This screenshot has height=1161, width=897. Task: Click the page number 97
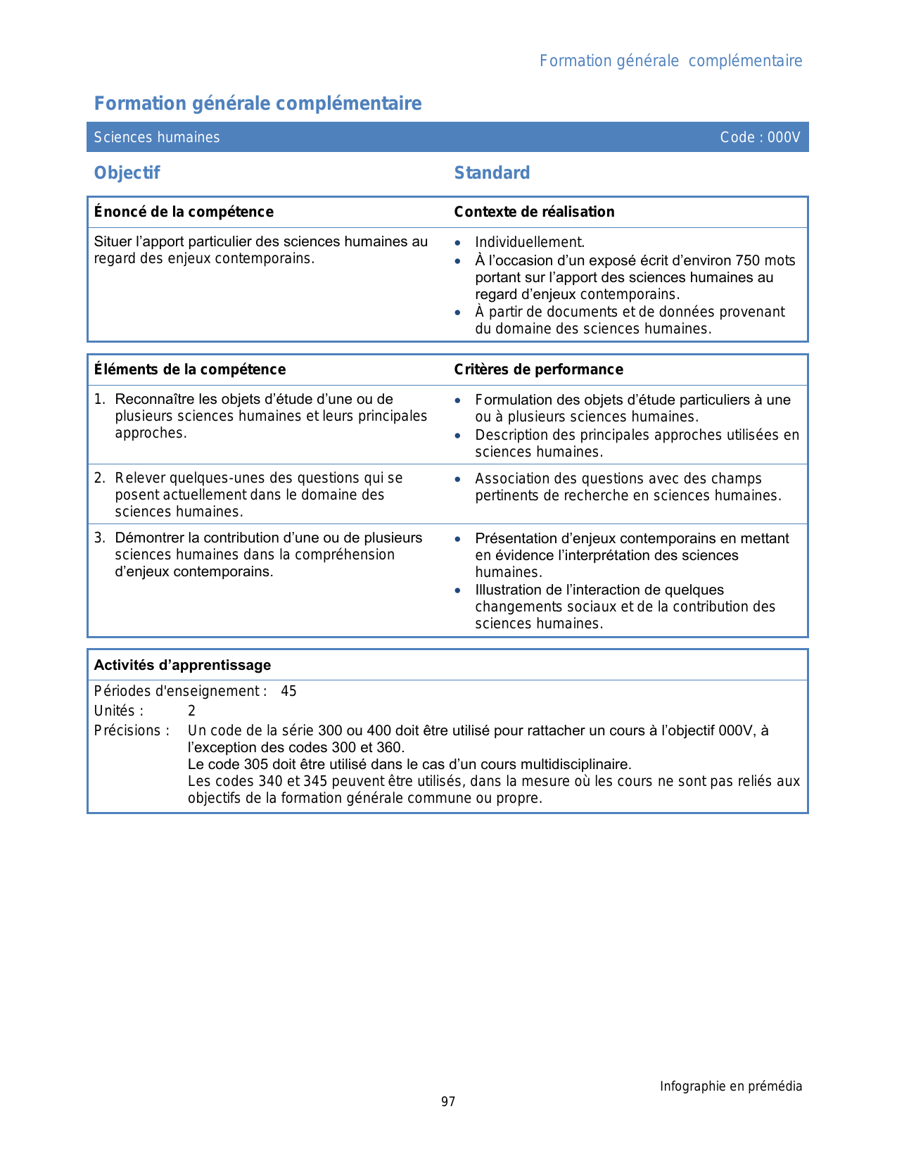point(448,1102)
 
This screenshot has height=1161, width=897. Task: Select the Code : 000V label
point(760,137)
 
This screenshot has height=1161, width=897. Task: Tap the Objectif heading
point(127,173)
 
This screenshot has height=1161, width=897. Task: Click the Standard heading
point(492,173)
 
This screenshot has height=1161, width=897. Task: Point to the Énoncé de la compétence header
point(184,212)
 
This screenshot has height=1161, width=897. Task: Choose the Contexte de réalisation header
point(534,212)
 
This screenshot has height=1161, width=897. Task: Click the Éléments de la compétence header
point(190,369)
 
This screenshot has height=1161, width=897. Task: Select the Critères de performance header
point(538,369)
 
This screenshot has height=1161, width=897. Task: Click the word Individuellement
point(530,243)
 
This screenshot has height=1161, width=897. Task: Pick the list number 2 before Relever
point(100,478)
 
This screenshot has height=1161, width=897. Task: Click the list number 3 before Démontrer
point(100,538)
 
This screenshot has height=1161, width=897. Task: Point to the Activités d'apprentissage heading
point(182,665)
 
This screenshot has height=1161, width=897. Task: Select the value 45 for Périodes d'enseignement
point(288,692)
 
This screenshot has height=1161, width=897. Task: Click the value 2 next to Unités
point(191,711)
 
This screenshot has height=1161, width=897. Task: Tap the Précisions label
point(132,731)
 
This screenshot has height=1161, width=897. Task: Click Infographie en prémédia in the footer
point(730,1086)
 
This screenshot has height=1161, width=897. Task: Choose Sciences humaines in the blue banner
point(157,137)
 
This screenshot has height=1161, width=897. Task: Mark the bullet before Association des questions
point(458,479)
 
